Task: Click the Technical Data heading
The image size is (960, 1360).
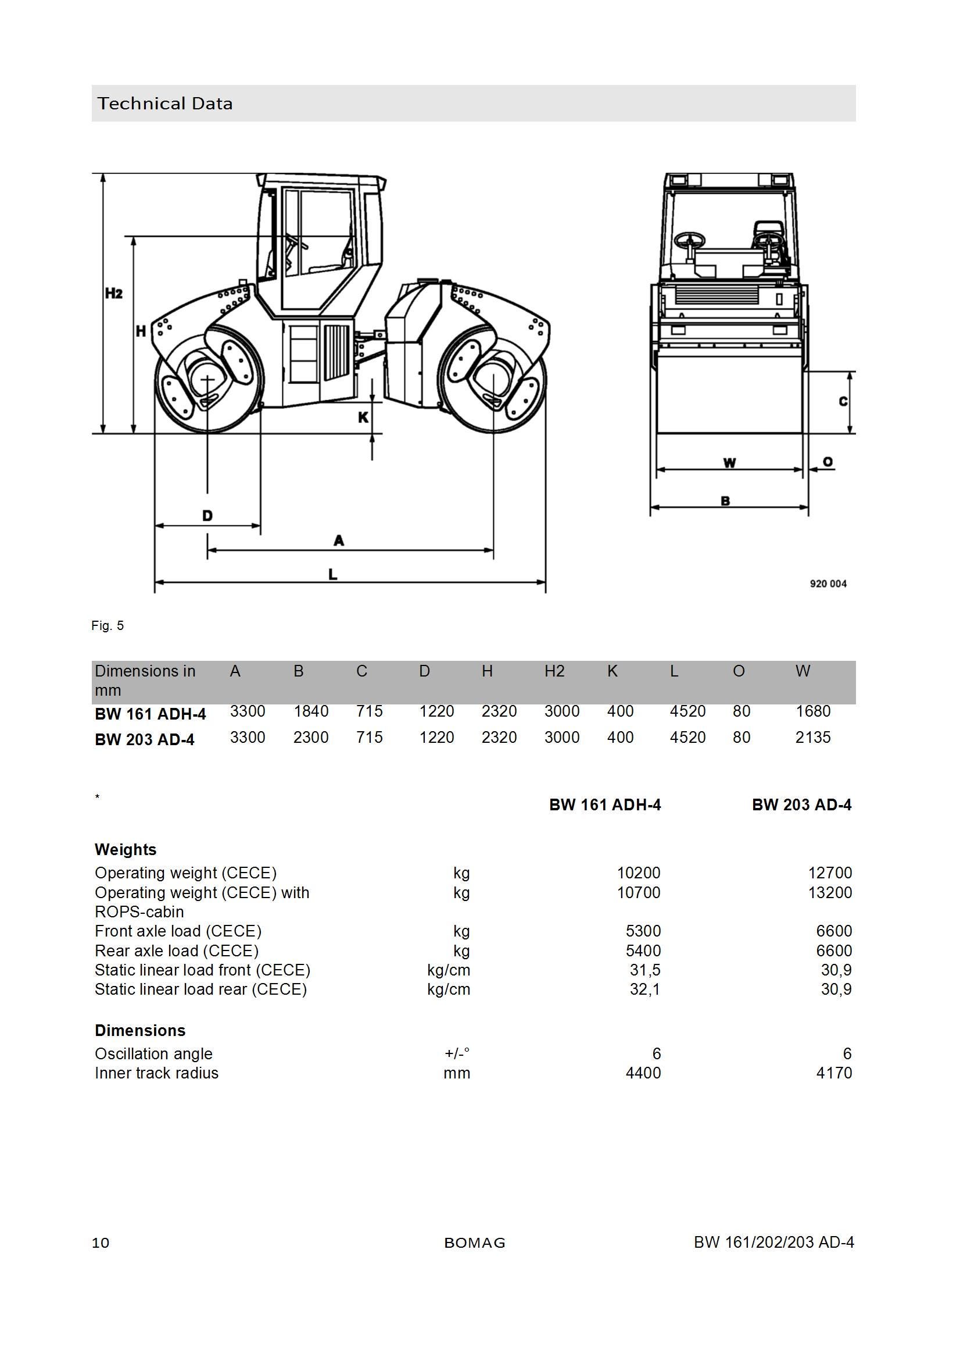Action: tap(165, 104)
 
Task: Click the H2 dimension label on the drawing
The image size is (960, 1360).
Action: tap(114, 293)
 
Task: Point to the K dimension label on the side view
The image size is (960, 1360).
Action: tap(363, 418)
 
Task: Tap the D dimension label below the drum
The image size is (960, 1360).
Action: tap(207, 516)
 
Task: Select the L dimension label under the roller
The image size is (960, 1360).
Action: tap(333, 574)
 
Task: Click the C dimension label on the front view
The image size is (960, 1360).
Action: tap(843, 401)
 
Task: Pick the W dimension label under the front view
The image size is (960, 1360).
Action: tap(730, 463)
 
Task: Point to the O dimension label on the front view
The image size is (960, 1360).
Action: tap(828, 462)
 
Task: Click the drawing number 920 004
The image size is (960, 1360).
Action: tap(828, 584)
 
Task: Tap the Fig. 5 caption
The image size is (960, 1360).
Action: tap(108, 626)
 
